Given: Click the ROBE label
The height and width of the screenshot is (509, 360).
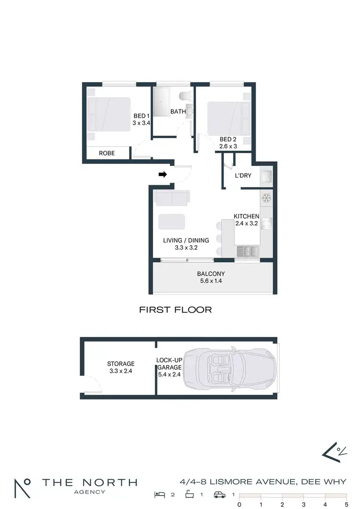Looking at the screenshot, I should pos(107,154).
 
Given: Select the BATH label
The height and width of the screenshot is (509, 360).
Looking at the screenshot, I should pos(178,112).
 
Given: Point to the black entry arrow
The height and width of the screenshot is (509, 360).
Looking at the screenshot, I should pos(163,175).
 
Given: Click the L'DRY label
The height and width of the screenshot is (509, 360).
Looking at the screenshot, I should pos(243,176).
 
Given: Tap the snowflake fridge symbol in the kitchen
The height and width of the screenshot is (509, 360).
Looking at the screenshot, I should pos(266,198).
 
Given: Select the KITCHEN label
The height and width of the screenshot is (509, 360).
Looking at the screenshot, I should pos(246,216).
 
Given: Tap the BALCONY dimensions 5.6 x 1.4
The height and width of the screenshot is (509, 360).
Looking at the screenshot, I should pos(211,282).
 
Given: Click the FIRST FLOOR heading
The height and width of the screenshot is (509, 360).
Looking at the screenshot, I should pos(175,310).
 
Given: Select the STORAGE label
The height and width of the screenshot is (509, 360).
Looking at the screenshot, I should pos(120,364).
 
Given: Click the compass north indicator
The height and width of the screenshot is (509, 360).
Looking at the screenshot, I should pos(335,451).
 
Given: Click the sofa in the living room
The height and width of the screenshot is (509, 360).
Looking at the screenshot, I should pos(172,197).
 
